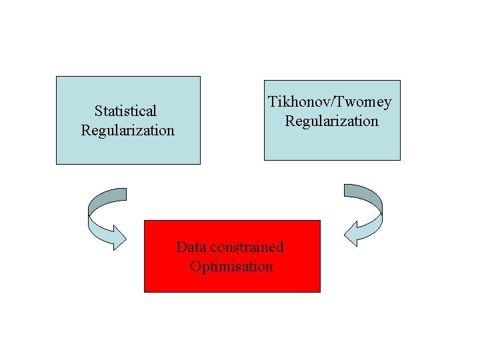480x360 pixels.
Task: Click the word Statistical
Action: click(125, 111)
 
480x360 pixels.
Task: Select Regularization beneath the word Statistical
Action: click(127, 130)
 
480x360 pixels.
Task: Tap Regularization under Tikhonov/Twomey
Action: click(331, 121)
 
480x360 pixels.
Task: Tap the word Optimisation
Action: click(231, 267)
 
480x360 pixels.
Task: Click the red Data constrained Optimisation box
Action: click(232, 280)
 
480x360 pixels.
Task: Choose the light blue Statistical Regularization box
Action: click(127, 150)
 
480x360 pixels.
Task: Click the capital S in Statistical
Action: click(98, 111)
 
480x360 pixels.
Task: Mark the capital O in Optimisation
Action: click(195, 267)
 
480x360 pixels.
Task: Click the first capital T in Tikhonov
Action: click(273, 102)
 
